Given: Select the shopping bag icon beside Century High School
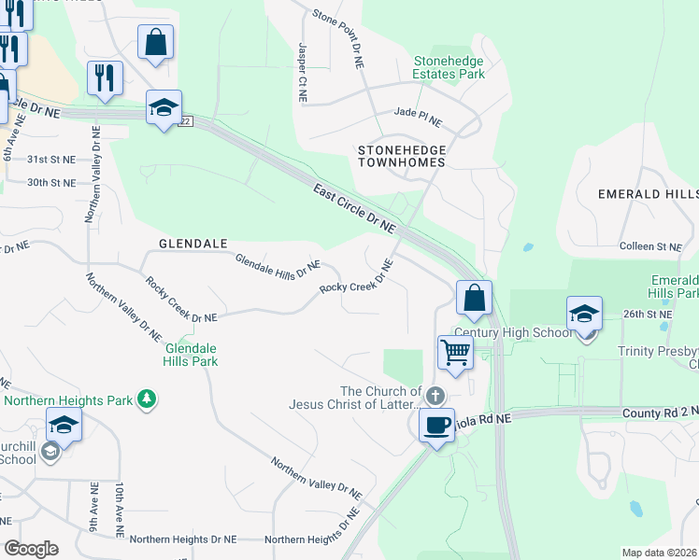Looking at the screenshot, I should click(x=475, y=299).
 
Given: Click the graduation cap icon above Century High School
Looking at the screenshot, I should click(x=584, y=315).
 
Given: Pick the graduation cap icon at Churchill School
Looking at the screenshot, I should click(x=64, y=426).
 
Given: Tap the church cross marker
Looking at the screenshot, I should click(x=434, y=397).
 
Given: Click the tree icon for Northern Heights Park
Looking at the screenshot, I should click(x=146, y=399).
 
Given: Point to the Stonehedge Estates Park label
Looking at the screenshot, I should click(x=449, y=67).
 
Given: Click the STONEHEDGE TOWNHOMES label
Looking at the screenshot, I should click(x=403, y=155).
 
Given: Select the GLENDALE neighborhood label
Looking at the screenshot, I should click(x=193, y=244).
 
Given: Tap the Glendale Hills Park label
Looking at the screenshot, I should click(x=191, y=355).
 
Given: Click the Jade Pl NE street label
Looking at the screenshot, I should click(x=418, y=112).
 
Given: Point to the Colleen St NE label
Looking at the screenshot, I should click(x=650, y=246).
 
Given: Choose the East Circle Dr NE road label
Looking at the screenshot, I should click(x=354, y=207).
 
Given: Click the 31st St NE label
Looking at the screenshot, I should click(x=50, y=160).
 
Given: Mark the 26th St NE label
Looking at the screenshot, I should click(x=649, y=315).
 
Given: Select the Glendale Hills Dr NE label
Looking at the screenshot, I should click(x=278, y=269).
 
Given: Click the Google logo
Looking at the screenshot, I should click(x=32, y=549).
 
